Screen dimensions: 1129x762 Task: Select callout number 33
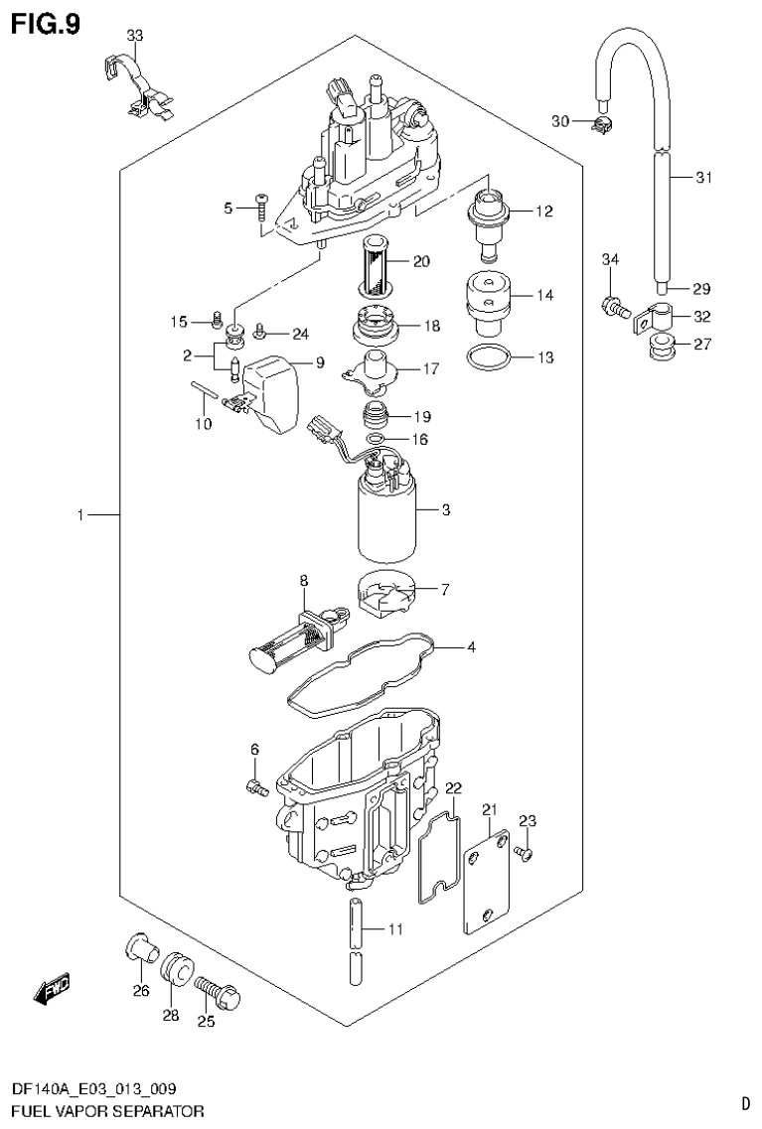pyautogui.click(x=135, y=37)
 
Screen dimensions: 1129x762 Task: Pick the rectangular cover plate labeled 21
pyautogui.click(x=486, y=880)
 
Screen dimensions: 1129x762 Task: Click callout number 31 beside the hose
pyautogui.click(x=703, y=179)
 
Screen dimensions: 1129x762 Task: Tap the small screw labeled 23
pyautogui.click(x=527, y=852)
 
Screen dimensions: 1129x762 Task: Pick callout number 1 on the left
pyautogui.click(x=80, y=515)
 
